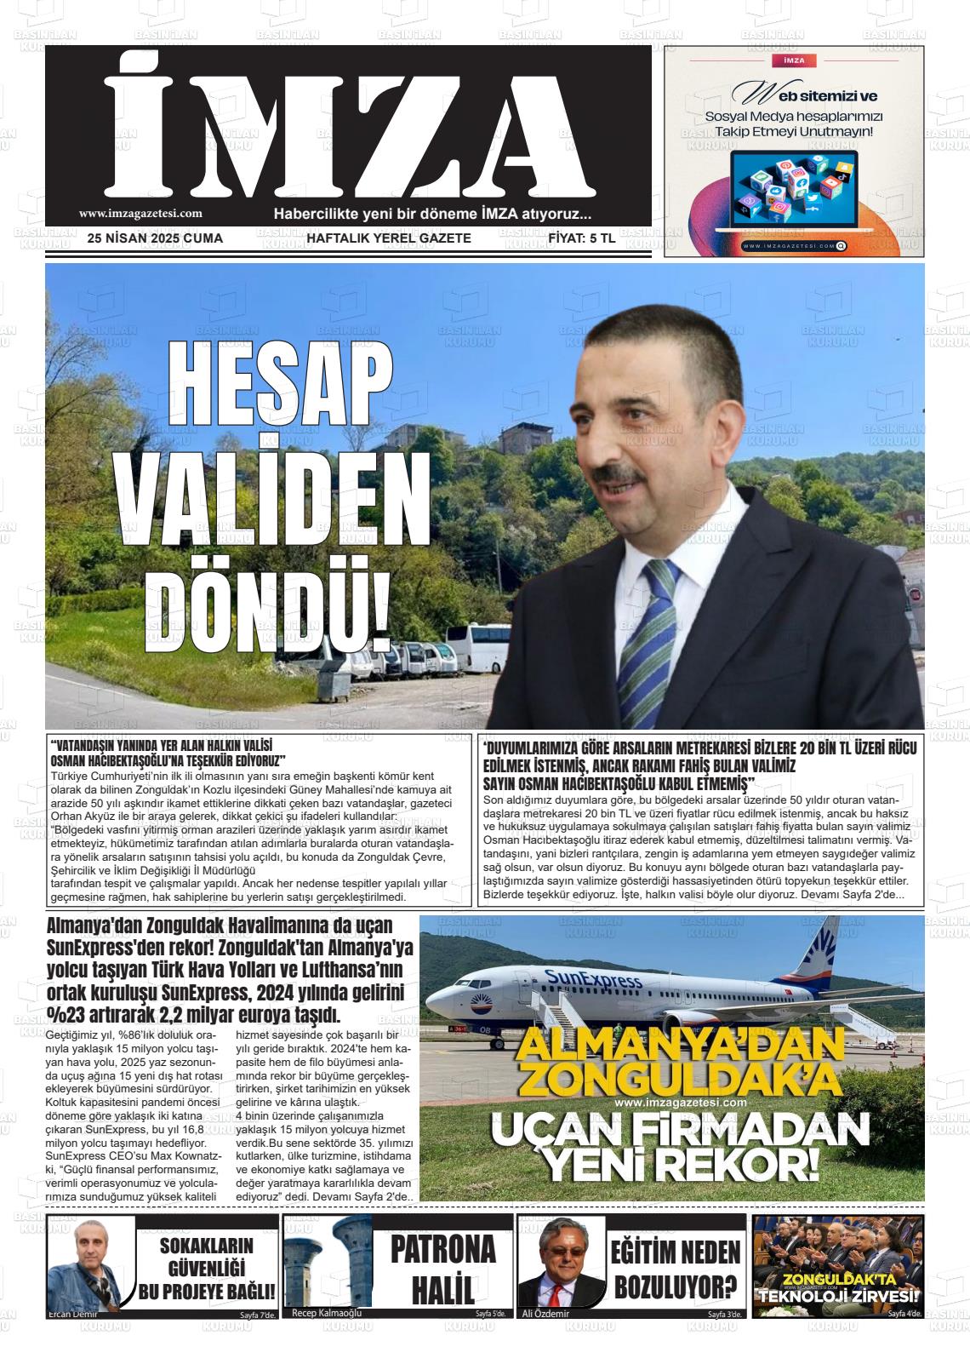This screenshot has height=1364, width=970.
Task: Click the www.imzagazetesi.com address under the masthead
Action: (140, 215)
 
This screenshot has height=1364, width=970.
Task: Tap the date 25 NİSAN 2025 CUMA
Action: (155, 238)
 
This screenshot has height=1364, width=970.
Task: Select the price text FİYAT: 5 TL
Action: (582, 238)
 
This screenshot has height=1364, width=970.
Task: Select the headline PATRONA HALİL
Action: (442, 1269)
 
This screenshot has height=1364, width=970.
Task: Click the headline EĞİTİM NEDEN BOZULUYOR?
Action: (675, 1269)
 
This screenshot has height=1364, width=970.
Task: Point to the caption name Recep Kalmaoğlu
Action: (327, 1313)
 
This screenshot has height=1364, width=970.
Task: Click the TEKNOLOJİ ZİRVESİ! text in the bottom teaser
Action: (838, 1296)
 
